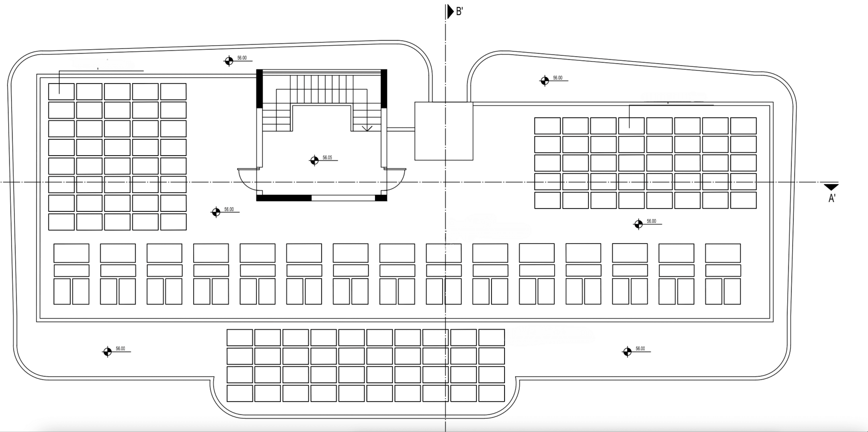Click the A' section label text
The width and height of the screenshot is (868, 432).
pos(832,198)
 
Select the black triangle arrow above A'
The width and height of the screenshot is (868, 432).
pos(831,187)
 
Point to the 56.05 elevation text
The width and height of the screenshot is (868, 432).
pos(327,158)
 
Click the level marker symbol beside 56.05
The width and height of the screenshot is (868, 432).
pos(314,161)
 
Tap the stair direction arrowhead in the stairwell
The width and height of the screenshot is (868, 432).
pos(367,129)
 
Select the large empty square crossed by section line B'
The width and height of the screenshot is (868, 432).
pos(444,131)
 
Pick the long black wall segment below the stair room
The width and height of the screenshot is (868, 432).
pos(284,198)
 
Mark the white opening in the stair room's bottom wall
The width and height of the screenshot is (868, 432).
pos(343,198)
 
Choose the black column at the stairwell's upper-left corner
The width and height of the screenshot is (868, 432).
pos(259,89)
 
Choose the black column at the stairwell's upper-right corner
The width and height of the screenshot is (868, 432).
pos(384,89)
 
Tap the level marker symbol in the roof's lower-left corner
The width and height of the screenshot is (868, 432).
pos(107,352)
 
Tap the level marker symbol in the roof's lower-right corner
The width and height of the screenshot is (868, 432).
pos(627,352)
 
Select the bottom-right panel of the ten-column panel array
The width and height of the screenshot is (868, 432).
pos(492,393)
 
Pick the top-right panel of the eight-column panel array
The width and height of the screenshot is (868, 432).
pos(743,126)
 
